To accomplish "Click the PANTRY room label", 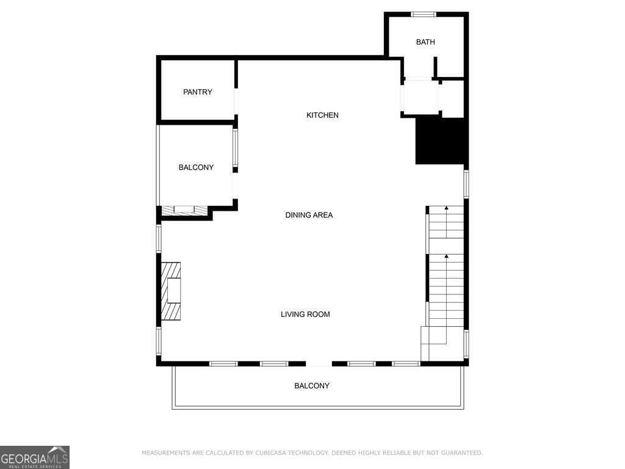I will click(198, 92).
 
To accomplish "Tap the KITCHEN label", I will click(322, 115).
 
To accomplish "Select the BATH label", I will click(425, 42).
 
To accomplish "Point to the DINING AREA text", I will click(309, 215).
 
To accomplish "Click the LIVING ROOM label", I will click(305, 314).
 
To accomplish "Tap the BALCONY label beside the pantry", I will click(196, 167).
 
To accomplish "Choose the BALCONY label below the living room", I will click(312, 386).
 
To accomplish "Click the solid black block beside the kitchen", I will click(441, 141).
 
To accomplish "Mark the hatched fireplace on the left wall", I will click(172, 291).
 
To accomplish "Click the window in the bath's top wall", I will click(423, 14).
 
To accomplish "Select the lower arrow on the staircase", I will click(446, 258).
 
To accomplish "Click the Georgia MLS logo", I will click(35, 457).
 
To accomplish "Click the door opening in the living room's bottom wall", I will click(319, 364).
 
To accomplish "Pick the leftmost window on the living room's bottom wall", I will click(223, 364).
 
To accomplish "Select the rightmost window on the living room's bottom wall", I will click(406, 364).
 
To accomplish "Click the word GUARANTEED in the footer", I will click(460, 453).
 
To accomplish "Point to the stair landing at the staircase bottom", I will click(434, 343).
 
